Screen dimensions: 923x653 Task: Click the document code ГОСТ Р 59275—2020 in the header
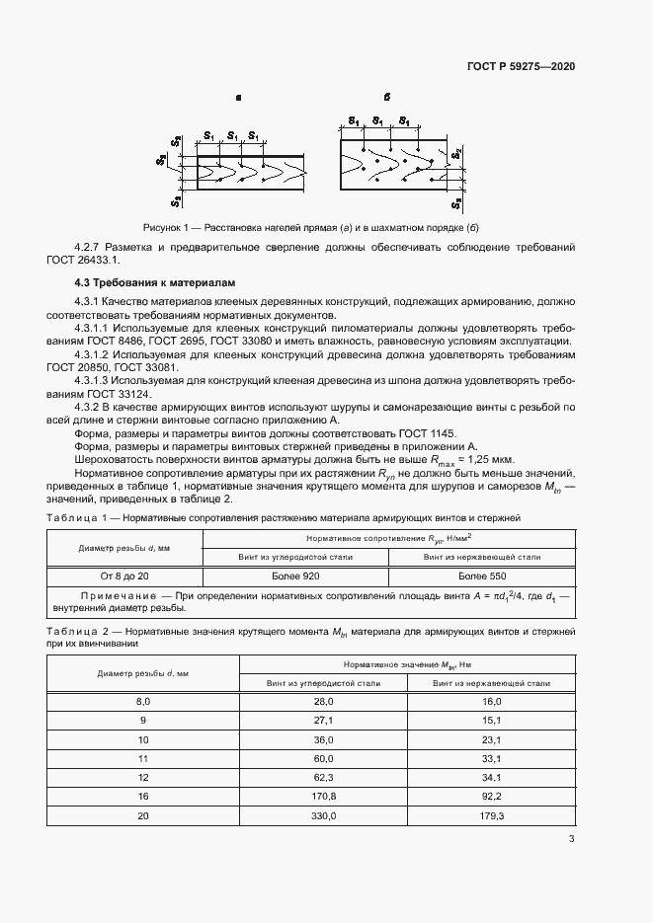click(x=521, y=67)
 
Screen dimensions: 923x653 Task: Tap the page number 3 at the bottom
click(x=571, y=840)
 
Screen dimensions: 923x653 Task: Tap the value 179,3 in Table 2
click(x=491, y=815)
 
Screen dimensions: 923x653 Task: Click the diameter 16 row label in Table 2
click(x=142, y=794)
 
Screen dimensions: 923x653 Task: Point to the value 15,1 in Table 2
click(x=491, y=720)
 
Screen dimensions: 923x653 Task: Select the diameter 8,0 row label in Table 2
click(x=142, y=701)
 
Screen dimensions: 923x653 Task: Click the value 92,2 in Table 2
click(x=491, y=794)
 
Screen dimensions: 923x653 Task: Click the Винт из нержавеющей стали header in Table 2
click(x=491, y=682)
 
